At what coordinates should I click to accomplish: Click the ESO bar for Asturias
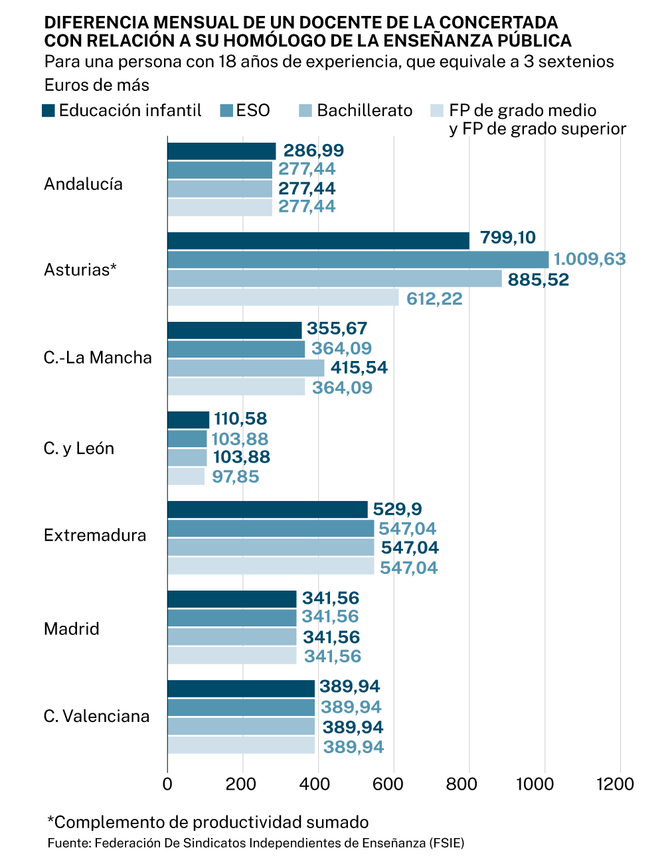click(x=358, y=259)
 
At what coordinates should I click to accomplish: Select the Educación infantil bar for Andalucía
click(x=221, y=151)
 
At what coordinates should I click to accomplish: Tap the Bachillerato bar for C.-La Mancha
click(x=246, y=368)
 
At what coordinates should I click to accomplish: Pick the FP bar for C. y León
click(x=186, y=476)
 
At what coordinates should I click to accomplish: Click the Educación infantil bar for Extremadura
click(x=267, y=510)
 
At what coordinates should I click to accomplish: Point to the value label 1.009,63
click(x=590, y=259)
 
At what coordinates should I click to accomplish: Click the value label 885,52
click(x=539, y=279)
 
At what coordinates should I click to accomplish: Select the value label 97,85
click(x=236, y=476)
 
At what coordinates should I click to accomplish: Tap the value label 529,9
click(x=397, y=509)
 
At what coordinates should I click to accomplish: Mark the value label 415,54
click(x=359, y=368)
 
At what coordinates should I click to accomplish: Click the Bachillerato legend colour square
click(x=305, y=111)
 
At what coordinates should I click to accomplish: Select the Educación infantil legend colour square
click(x=48, y=111)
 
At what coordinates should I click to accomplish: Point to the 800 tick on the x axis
click(x=461, y=784)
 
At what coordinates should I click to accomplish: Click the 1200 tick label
click(x=615, y=784)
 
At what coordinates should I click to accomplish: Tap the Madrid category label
click(x=72, y=628)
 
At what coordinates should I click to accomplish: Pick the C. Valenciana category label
click(x=97, y=716)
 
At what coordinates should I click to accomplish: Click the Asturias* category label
click(x=80, y=269)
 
